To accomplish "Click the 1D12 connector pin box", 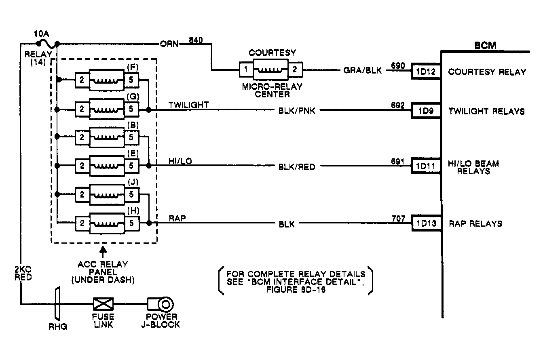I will [426, 72].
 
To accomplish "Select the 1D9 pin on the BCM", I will [426, 111].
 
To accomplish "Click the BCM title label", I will [485, 45].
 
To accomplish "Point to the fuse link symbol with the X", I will [103, 303].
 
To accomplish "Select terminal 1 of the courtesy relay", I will [245, 69].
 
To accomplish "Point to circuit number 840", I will [196, 40].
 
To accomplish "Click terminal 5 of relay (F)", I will [131, 80].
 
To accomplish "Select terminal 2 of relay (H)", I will [82, 222].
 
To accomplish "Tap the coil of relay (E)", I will [106, 166].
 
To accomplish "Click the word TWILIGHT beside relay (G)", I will [188, 105].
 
